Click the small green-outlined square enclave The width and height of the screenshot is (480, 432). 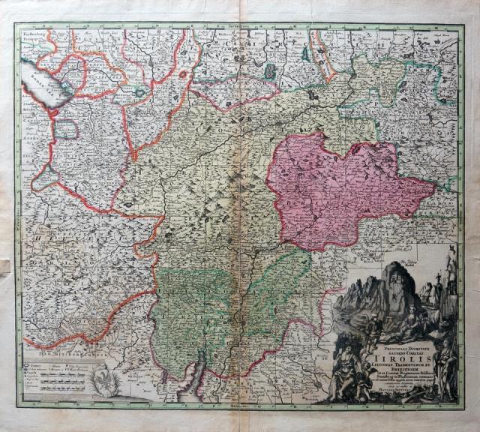tap(67, 128)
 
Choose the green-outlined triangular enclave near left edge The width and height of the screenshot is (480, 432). tap(47, 177)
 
